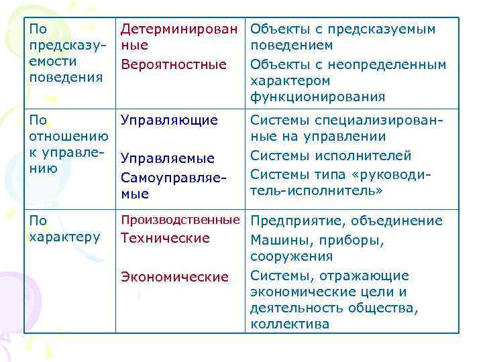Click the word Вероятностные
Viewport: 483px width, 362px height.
click(173, 64)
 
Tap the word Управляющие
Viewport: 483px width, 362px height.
click(169, 121)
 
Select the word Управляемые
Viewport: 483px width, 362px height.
click(168, 158)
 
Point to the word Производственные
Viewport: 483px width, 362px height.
click(180, 220)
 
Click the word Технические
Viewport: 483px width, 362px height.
click(165, 238)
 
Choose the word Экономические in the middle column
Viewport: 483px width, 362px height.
click(174, 277)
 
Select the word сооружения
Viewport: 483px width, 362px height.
click(291, 257)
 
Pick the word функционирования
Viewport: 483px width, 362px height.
click(317, 97)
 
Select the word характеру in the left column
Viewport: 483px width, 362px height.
click(65, 237)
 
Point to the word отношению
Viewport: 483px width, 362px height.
click(70, 137)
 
